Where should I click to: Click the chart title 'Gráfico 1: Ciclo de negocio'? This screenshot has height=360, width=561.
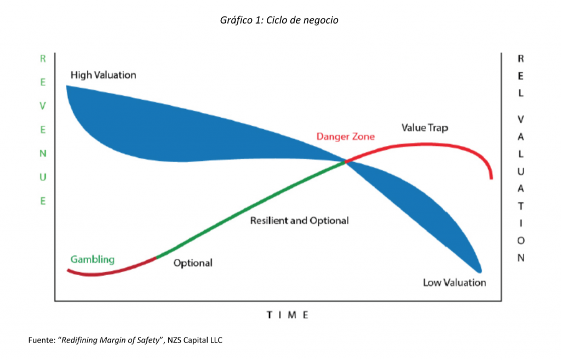(x=279, y=20)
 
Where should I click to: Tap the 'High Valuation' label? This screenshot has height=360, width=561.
(x=104, y=75)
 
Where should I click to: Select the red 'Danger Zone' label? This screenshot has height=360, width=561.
(x=346, y=136)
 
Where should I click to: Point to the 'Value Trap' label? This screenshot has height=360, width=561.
(x=425, y=128)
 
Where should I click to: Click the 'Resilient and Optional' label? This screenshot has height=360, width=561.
(x=300, y=220)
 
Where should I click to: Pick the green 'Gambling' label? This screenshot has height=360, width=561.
(x=92, y=259)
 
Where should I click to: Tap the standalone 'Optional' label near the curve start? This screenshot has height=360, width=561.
(x=193, y=263)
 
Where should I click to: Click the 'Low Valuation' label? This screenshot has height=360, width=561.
(x=454, y=283)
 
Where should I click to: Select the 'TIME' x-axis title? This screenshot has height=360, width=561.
(x=288, y=315)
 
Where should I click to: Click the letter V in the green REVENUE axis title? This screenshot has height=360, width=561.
(x=43, y=106)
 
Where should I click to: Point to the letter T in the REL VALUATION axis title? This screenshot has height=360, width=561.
(x=520, y=206)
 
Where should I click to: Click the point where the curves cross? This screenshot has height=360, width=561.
(x=346, y=162)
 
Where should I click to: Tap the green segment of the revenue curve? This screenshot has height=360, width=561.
(x=250, y=208)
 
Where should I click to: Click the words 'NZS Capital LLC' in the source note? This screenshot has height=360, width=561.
(x=194, y=340)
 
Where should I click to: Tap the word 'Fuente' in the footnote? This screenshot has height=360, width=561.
(x=41, y=340)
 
